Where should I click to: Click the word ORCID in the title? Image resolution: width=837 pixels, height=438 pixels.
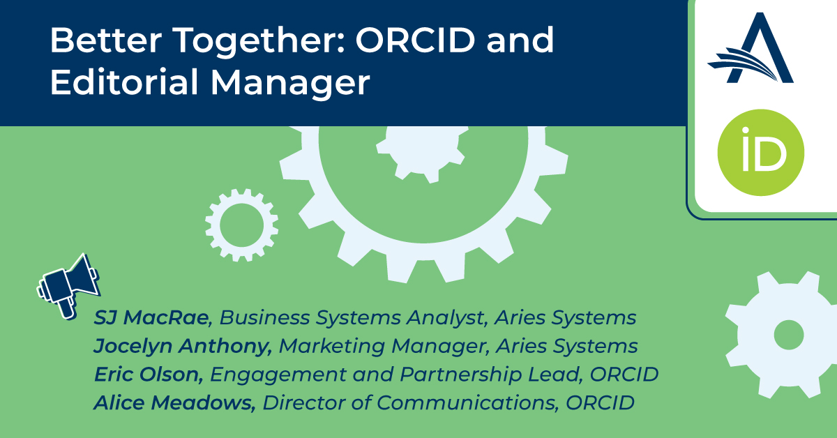click(415, 40)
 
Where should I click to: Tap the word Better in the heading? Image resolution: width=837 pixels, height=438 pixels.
click(106, 40)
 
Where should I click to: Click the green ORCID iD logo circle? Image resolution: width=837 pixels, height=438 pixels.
click(761, 153)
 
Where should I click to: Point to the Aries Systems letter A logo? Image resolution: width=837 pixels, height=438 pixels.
click(751, 48)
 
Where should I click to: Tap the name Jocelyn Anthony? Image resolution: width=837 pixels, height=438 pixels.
click(182, 346)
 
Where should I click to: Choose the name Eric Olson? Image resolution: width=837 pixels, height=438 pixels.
click(149, 374)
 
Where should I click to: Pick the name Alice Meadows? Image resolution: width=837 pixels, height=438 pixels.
click(174, 402)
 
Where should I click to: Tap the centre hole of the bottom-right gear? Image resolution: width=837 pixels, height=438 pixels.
click(789, 335)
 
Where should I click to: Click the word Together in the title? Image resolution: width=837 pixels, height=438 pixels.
click(259, 41)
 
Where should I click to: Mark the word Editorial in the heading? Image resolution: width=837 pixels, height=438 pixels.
click(124, 82)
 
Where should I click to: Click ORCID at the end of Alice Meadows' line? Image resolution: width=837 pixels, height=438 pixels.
click(600, 402)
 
